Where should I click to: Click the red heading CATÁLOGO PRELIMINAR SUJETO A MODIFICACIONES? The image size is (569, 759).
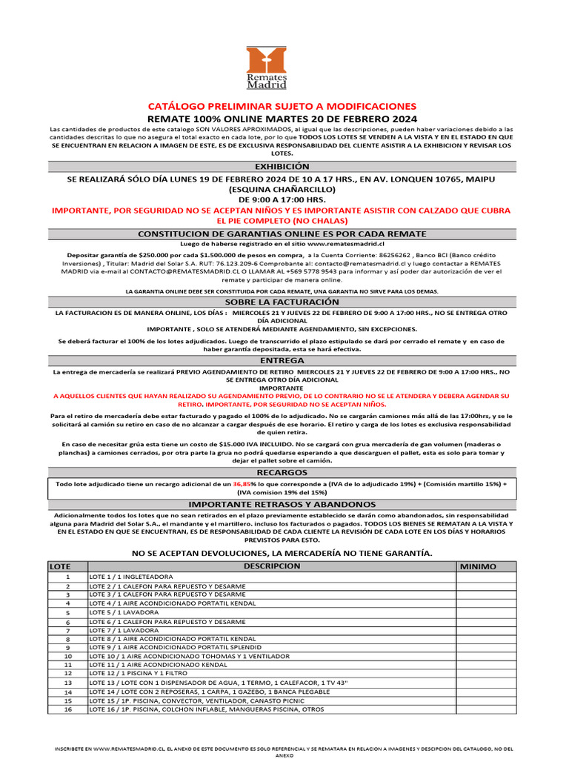pos(282,107)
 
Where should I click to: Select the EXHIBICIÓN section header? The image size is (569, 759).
pos(282,167)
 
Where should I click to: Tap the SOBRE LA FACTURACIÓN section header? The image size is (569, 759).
pos(282,302)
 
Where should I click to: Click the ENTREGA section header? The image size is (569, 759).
pos(282,360)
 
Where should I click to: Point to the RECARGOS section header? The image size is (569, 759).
pos(282,471)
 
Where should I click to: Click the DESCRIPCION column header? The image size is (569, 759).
pos(271,566)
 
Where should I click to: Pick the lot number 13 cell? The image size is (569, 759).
pos(67,683)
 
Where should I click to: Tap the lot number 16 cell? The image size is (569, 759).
pos(67,709)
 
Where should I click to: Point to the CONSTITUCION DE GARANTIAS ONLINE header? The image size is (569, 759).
pos(282,233)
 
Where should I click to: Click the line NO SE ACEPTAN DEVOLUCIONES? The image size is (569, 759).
pos(282,553)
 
